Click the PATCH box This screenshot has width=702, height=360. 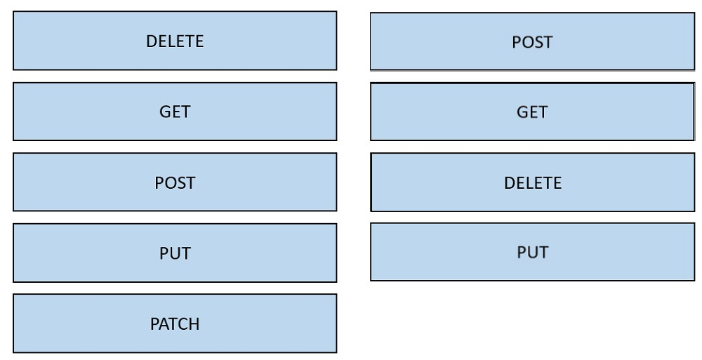(x=175, y=324)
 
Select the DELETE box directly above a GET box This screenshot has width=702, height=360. (x=175, y=40)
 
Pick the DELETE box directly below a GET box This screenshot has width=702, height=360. (x=533, y=182)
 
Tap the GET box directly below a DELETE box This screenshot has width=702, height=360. (x=175, y=112)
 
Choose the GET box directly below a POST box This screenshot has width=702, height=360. (x=533, y=112)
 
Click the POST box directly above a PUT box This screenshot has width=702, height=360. (x=175, y=182)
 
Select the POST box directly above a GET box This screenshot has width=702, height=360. (x=533, y=41)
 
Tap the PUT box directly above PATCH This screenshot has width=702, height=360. (x=175, y=253)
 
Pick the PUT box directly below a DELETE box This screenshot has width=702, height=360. (x=533, y=252)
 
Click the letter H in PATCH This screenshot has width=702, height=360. (x=194, y=324)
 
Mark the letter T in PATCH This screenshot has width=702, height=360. (x=173, y=324)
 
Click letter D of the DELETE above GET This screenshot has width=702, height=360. (x=152, y=41)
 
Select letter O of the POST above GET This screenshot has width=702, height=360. (x=527, y=42)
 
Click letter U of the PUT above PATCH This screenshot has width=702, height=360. (x=175, y=253)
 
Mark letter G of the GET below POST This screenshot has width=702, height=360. (x=522, y=112)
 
